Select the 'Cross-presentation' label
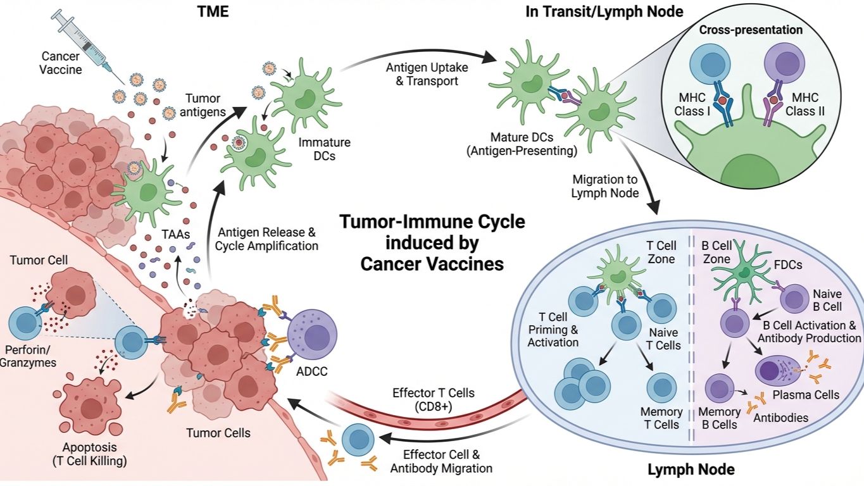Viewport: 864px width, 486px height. [x=751, y=30]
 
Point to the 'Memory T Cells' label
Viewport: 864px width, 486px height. [x=661, y=418]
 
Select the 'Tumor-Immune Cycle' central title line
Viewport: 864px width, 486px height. [x=432, y=223]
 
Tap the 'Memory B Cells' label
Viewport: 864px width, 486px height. [x=720, y=418]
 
